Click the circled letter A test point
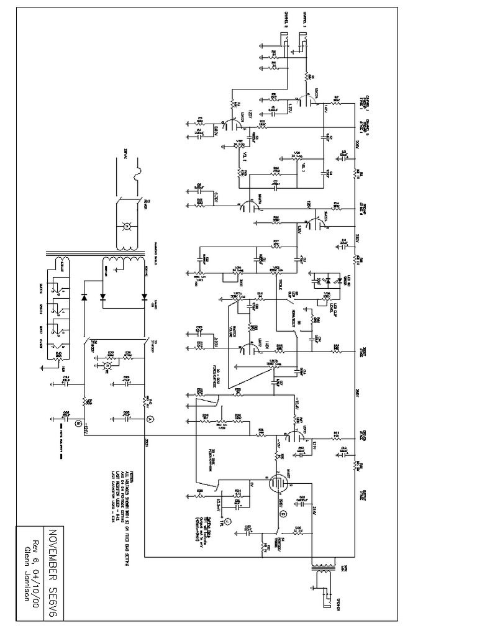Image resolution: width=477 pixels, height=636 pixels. point(149,420)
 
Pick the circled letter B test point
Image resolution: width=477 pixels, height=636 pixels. point(78,424)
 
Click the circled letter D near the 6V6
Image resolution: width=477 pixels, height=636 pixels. point(284,514)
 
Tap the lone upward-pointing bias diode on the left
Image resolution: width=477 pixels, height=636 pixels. point(83,297)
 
